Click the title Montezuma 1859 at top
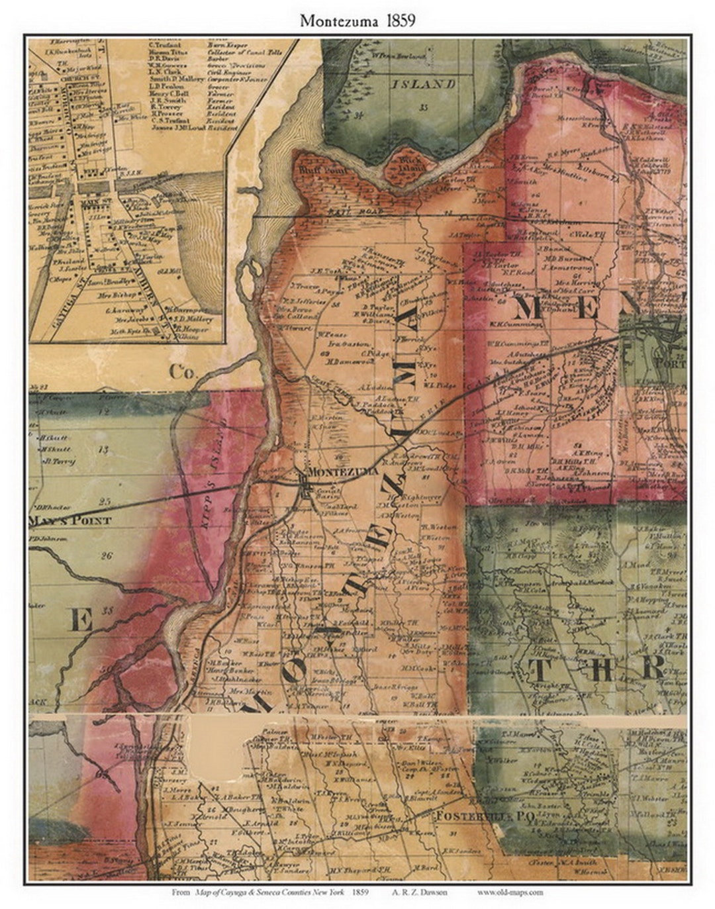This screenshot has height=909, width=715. pos(358,21)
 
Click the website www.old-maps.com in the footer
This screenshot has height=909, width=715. pos(510,892)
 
